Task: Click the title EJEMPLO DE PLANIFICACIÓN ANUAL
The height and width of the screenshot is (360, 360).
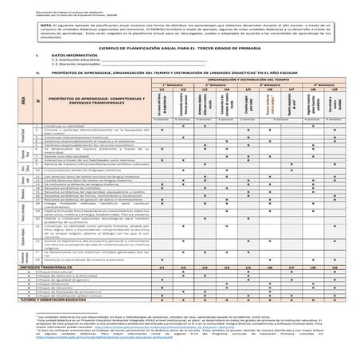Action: (x=181, y=48)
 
